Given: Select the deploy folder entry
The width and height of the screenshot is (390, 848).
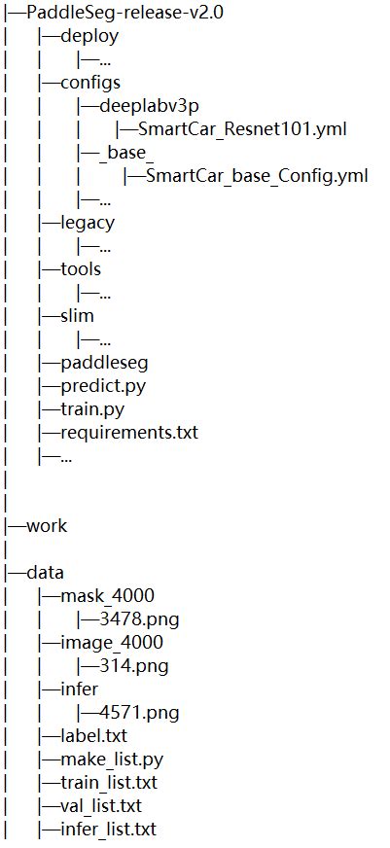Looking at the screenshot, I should point(89,37).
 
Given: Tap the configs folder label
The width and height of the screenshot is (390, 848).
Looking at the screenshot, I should point(90,83).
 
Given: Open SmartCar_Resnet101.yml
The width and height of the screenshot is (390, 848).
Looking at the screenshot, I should point(242,129).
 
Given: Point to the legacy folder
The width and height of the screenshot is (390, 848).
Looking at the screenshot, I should point(87,223).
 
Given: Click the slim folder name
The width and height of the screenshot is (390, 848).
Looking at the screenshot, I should point(77,315).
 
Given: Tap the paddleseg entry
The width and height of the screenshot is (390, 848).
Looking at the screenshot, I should point(103,362).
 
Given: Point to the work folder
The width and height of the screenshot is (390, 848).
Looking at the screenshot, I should point(47,525).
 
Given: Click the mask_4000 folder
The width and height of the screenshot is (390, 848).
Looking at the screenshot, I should point(107,595).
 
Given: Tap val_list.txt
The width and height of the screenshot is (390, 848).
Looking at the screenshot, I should point(101,805).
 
